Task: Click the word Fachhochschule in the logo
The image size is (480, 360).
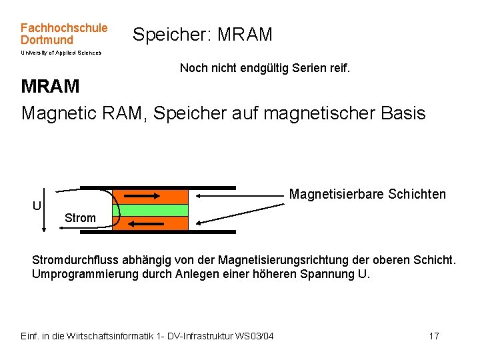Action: tap(64, 28)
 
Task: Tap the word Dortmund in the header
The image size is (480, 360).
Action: tap(47, 40)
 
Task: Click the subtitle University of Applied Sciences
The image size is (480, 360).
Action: tap(61, 53)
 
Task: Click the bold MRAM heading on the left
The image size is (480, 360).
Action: tap(51, 87)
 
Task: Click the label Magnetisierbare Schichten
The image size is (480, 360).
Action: tap(367, 195)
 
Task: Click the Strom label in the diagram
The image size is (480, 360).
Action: tap(80, 218)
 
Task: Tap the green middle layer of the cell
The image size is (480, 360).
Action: tap(150, 210)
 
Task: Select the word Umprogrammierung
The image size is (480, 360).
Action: tap(82, 273)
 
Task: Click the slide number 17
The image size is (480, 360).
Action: tap(433, 335)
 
